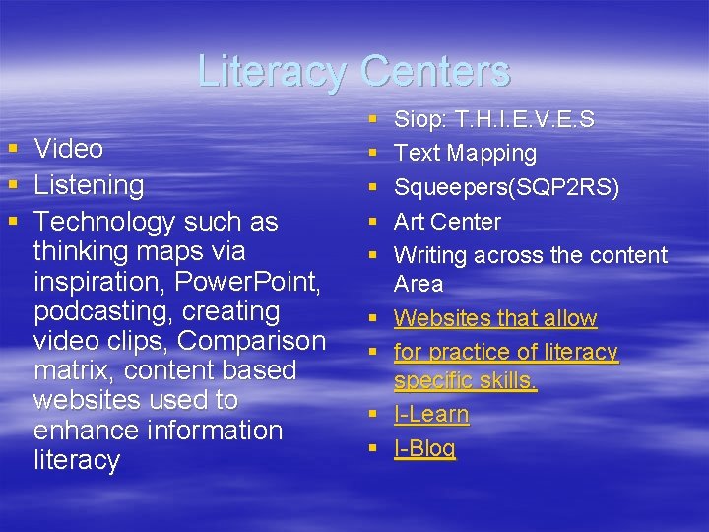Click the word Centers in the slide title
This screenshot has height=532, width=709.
pyautogui.click(x=435, y=71)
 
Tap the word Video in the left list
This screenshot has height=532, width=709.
pyautogui.click(x=69, y=149)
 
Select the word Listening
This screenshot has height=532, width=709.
pyautogui.click(x=89, y=185)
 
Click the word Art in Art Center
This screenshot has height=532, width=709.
pyautogui.click(x=409, y=222)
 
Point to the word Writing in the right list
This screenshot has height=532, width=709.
pyautogui.click(x=430, y=255)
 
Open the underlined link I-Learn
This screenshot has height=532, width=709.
pyautogui.click(x=431, y=415)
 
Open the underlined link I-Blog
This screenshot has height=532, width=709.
pyautogui.click(x=424, y=449)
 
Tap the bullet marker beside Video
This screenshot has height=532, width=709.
pyautogui.click(x=13, y=150)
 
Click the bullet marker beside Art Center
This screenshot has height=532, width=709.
pyautogui.click(x=374, y=222)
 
